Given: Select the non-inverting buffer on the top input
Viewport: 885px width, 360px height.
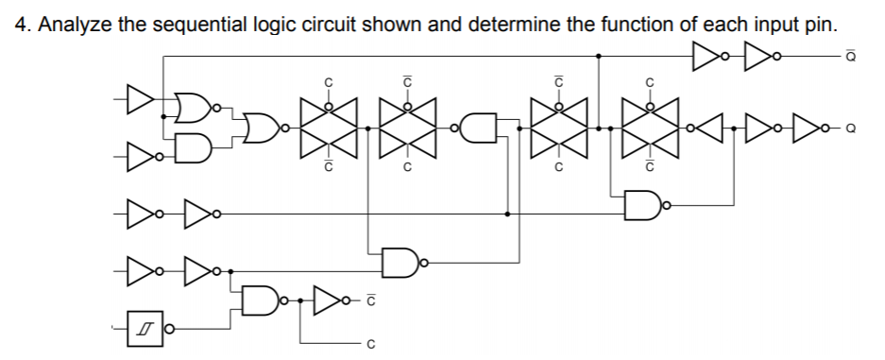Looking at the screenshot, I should click(x=140, y=95).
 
